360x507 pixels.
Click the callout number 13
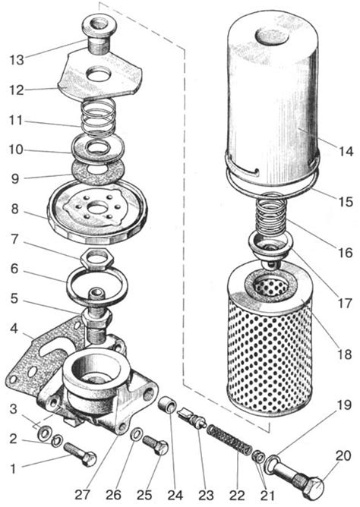[x=17, y=60]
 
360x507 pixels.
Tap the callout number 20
[x=343, y=456]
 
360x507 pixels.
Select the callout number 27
[x=82, y=495]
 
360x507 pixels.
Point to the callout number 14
[x=346, y=151]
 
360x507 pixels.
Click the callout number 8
[x=14, y=209]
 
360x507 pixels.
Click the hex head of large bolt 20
[x=314, y=485]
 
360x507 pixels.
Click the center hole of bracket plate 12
[x=99, y=74]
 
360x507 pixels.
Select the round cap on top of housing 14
[x=272, y=35]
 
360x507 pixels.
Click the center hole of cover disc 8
[x=96, y=208]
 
